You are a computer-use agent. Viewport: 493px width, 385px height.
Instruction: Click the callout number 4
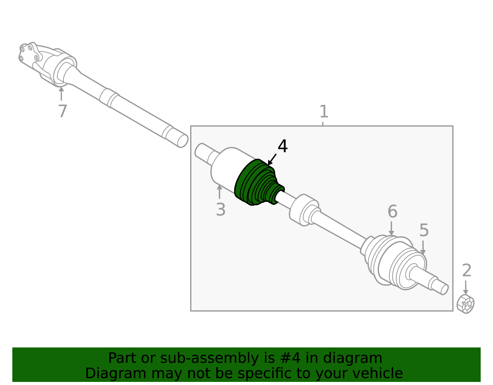(x=283, y=146)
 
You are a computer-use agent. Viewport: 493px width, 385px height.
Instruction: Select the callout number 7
(x=63, y=111)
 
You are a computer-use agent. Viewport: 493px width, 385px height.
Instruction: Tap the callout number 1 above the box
(x=324, y=111)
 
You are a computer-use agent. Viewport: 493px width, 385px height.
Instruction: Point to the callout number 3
(x=221, y=209)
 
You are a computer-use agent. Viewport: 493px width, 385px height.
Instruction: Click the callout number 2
(x=467, y=270)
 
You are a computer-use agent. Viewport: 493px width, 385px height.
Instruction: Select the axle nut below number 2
(x=466, y=304)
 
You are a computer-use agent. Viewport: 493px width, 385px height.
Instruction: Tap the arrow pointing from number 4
(x=272, y=159)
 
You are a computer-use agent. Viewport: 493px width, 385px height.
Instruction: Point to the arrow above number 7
(x=61, y=93)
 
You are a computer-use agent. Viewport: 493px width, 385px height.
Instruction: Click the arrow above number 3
(x=219, y=192)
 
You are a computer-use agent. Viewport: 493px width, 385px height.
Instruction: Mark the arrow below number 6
(x=391, y=228)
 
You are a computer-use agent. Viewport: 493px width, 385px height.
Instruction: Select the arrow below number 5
(x=423, y=248)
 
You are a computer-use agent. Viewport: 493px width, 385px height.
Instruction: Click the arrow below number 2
(x=466, y=288)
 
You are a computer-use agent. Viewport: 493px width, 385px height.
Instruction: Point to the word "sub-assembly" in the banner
(x=209, y=358)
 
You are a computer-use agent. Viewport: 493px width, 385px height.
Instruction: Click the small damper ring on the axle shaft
(x=304, y=210)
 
